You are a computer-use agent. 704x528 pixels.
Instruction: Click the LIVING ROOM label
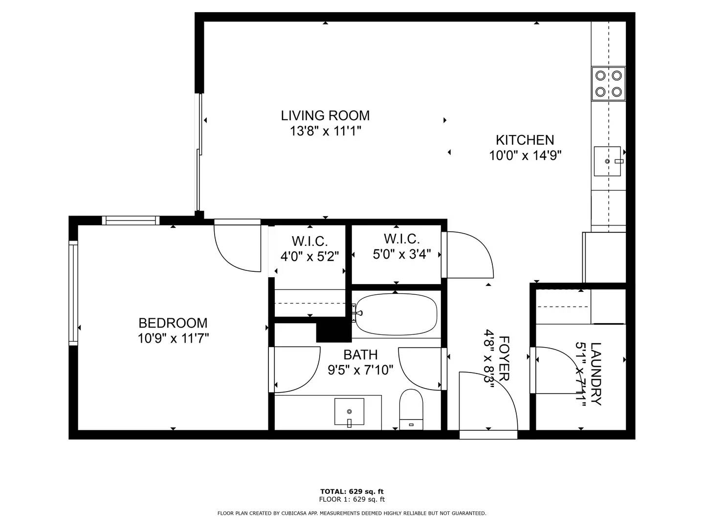point(325,115)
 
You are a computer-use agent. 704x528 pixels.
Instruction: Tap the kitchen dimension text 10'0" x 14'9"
point(525,155)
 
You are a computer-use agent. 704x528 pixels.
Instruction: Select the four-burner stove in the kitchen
point(609,84)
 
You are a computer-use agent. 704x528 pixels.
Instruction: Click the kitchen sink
point(607,161)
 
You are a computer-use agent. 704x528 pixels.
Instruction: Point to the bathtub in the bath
point(396,314)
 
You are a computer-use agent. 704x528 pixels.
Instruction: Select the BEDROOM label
point(173,323)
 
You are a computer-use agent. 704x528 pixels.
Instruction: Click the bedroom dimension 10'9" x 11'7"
point(173,338)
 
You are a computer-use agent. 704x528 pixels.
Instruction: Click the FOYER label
point(504,358)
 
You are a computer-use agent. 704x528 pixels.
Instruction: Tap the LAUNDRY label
point(595,374)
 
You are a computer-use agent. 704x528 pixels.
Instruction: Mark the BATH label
point(360,354)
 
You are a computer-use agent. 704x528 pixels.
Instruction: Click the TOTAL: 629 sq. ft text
point(352,491)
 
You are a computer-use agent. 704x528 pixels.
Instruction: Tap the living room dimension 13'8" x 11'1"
point(325,131)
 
